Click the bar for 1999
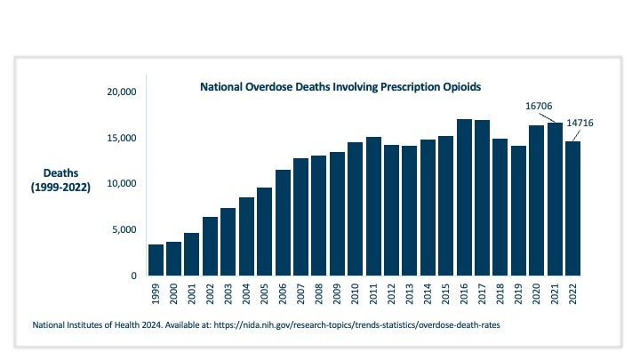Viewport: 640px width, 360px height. (156, 260)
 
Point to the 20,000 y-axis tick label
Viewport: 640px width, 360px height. (119, 92)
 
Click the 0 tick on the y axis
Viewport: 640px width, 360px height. (133, 276)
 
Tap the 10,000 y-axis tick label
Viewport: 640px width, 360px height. (119, 184)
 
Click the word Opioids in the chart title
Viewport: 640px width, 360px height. (460, 88)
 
